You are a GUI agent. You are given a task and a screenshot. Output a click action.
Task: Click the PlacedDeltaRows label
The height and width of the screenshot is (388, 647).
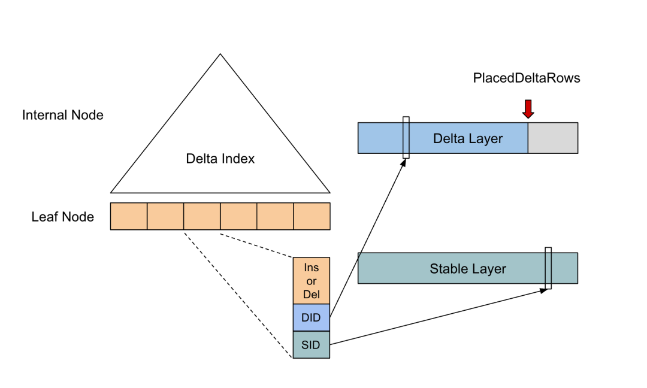click(527, 78)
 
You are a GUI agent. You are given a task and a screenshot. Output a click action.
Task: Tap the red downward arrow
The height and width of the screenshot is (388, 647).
click(528, 109)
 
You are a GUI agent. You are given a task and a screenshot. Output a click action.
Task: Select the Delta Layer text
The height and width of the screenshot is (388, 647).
click(468, 139)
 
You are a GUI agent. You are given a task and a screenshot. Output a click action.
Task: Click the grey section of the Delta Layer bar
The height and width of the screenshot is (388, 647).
click(553, 138)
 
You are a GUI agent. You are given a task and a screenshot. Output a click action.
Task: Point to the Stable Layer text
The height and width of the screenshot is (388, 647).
click(467, 269)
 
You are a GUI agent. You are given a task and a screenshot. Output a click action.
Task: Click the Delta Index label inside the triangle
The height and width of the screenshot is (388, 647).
click(220, 159)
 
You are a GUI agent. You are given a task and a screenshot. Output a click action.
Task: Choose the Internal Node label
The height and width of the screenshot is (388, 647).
click(63, 115)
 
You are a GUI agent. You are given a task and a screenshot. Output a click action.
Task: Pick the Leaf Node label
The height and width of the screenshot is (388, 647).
click(63, 217)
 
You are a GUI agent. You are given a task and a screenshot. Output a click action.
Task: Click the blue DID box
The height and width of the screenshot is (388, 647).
click(311, 318)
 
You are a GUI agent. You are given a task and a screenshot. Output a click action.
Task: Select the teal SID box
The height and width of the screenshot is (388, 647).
click(311, 345)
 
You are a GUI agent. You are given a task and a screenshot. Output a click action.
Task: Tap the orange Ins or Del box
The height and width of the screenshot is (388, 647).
click(311, 281)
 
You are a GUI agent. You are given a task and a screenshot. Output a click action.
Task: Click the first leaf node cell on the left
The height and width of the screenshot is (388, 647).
click(129, 216)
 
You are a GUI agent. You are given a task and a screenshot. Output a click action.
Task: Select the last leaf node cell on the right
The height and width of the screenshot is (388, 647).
click(312, 216)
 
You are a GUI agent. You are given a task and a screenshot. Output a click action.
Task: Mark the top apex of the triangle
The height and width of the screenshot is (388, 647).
click(220, 54)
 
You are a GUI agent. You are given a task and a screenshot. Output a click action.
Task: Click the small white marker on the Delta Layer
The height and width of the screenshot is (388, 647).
click(406, 137)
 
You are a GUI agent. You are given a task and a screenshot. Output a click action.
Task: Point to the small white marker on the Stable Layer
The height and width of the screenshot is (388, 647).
click(548, 268)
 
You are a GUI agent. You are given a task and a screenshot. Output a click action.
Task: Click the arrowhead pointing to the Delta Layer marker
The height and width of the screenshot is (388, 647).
click(404, 162)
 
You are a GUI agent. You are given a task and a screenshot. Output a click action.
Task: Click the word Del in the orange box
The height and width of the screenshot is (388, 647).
click(311, 294)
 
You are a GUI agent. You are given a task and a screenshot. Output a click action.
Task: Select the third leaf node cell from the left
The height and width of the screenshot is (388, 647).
click(202, 216)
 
